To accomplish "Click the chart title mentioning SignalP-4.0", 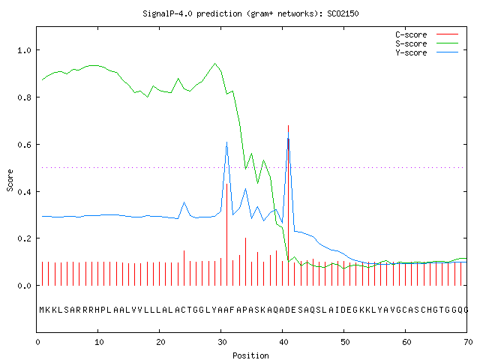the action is tap(250, 13).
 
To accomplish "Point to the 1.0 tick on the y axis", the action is tap(24, 50).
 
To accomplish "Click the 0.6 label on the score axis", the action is tap(24, 145).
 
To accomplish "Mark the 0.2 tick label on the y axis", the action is tap(24, 238).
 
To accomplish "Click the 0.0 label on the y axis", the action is tap(24, 286).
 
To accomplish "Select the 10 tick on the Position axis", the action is tap(98, 342).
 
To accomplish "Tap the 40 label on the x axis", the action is tap(283, 342).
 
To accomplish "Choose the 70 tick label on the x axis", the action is tap(468, 342).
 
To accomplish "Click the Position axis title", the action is tap(250, 355).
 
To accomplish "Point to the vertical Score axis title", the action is tap(10, 180).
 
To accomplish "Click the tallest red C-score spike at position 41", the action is tap(288, 205).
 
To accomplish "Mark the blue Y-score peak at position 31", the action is tap(226, 142).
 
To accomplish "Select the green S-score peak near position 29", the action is tap(215, 64).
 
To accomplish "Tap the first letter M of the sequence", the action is tap(42, 310).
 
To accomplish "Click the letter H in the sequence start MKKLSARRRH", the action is tap(97, 310).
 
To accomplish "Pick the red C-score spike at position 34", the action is tap(245, 262).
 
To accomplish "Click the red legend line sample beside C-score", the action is tap(447, 34).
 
